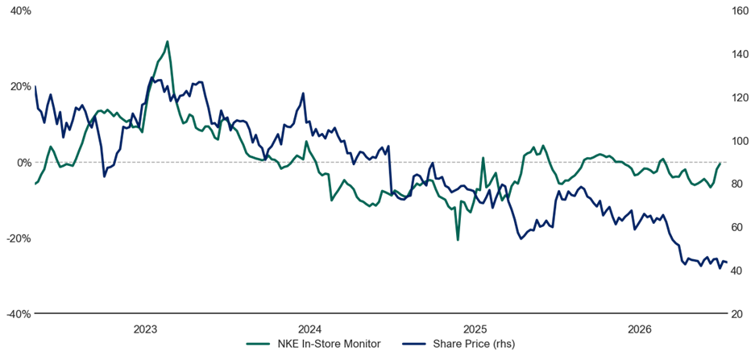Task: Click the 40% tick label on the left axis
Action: click(x=20, y=10)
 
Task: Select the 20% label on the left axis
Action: click(x=20, y=87)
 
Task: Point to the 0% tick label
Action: click(x=23, y=162)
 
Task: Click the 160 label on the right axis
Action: click(x=739, y=10)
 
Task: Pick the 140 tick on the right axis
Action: click(x=739, y=54)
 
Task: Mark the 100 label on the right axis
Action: click(x=739, y=140)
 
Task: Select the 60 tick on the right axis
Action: click(x=736, y=227)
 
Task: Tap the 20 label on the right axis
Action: click(x=736, y=314)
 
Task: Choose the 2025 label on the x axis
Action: click(x=476, y=329)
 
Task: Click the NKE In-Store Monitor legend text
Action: click(x=330, y=344)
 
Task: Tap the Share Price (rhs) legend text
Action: click(x=475, y=344)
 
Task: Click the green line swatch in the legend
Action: click(x=258, y=344)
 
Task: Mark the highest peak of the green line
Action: click(x=167, y=41)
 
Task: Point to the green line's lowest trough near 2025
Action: click(x=458, y=240)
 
